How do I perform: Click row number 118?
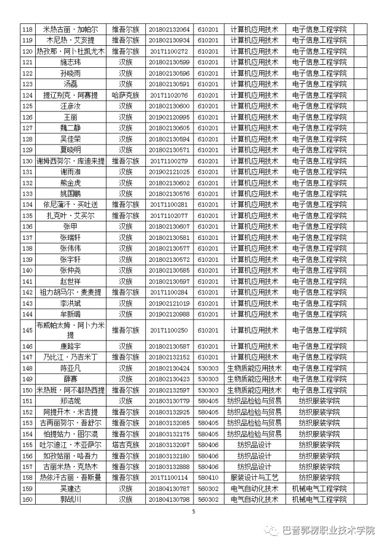[x=27, y=29]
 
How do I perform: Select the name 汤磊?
[x=71, y=84]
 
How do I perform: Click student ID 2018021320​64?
[x=169, y=29]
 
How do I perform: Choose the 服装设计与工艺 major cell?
[x=254, y=477]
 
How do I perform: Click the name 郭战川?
[x=71, y=499]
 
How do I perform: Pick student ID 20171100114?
[x=169, y=477]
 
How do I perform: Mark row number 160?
[x=27, y=499]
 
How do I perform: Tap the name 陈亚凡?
[x=71, y=368]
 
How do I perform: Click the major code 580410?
[x=208, y=477]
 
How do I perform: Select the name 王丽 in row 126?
[x=71, y=117]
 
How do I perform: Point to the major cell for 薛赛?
[x=254, y=379]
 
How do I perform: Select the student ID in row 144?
[x=169, y=314]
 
